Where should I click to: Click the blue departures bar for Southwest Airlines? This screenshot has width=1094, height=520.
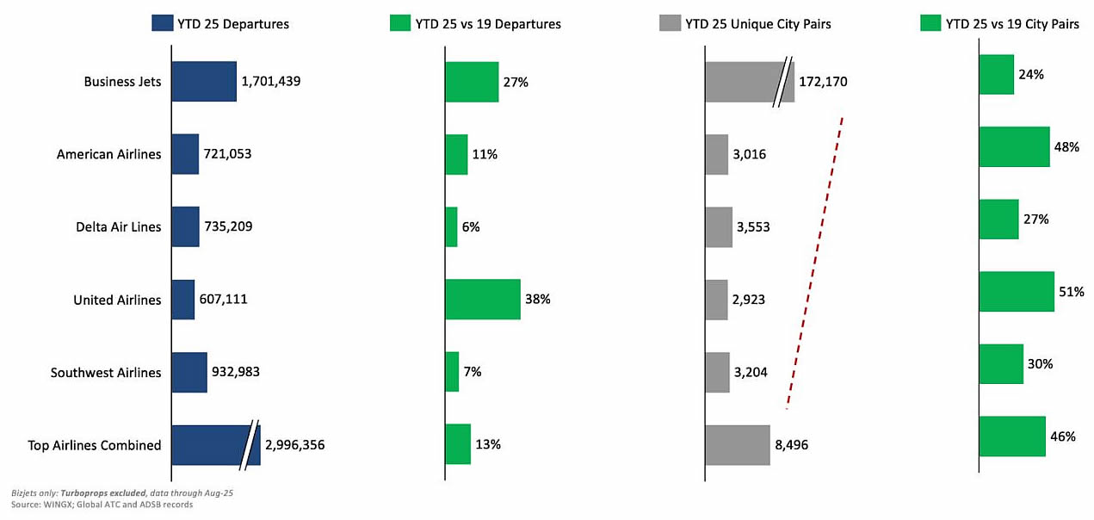tap(189, 373)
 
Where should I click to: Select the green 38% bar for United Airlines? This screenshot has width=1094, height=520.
tap(482, 300)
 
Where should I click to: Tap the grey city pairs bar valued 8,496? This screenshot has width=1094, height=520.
tap(737, 445)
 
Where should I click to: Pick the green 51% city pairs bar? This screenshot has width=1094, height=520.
tap(1016, 292)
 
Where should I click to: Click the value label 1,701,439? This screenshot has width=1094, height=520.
tap(271, 82)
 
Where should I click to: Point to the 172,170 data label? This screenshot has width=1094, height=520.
tap(823, 82)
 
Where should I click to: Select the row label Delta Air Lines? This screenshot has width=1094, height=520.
tap(119, 227)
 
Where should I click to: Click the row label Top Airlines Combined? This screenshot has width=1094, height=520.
tap(95, 445)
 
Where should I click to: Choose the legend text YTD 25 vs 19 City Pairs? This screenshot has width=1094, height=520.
tap(1012, 24)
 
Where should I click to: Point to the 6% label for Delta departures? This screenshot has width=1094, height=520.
tap(471, 227)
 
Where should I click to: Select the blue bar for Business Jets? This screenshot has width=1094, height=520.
tap(204, 82)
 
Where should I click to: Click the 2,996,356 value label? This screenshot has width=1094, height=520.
tap(295, 445)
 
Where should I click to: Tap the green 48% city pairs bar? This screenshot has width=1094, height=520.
tap(1014, 147)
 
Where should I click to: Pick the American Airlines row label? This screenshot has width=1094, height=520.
tap(108, 154)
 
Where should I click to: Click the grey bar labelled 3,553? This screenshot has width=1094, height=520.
tap(719, 227)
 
